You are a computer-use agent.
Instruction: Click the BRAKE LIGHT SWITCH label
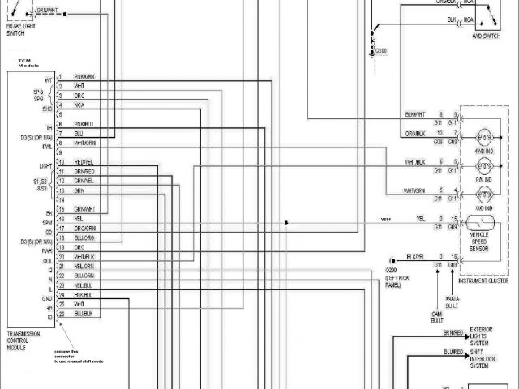click(19, 31)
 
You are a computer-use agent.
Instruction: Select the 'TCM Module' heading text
click(19, 64)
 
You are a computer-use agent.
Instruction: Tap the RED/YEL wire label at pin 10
click(84, 162)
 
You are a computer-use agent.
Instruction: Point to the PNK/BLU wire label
click(84, 124)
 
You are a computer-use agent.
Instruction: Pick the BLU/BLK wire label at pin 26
click(84, 314)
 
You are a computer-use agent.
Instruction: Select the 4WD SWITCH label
click(485, 37)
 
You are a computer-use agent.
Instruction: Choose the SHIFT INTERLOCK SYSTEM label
click(490, 357)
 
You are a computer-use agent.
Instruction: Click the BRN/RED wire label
click(453, 332)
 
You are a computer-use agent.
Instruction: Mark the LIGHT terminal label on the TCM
click(46, 165)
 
